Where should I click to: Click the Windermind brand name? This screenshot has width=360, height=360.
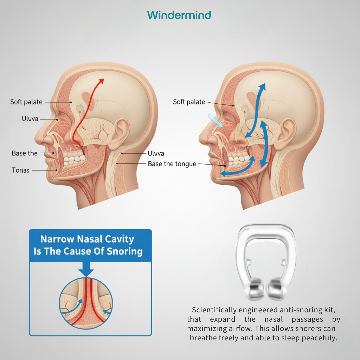click(x=179, y=15)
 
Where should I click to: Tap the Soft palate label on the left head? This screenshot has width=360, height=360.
click(x=26, y=102)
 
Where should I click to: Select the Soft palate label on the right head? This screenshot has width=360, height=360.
click(x=189, y=102)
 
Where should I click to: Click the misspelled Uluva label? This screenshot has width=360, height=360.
click(x=30, y=119)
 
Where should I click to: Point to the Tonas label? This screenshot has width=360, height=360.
click(x=21, y=170)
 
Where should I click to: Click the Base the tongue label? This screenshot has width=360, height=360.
click(x=172, y=164)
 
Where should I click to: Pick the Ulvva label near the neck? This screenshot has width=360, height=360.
click(x=156, y=153)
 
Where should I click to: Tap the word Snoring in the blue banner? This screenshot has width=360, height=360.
click(x=124, y=251)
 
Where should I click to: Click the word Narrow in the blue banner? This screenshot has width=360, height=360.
click(x=55, y=239)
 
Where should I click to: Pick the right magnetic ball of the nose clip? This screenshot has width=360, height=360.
click(x=277, y=289)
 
